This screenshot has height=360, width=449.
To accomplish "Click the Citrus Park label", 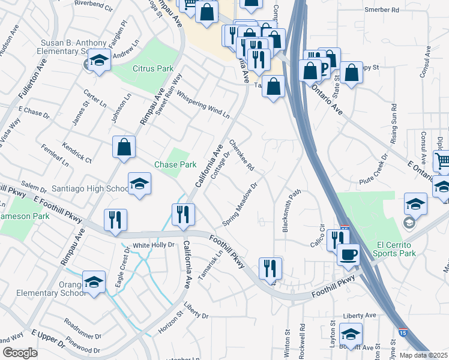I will point(152,69).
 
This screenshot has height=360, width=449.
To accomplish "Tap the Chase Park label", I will point(175,164).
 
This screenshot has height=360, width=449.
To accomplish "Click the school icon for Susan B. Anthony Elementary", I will point(99,60).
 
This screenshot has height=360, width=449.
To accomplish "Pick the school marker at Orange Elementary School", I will point(94,281).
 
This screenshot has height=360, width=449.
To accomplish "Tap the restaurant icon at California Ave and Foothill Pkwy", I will point(183,215).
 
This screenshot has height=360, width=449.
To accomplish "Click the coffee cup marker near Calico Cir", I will point(348,254).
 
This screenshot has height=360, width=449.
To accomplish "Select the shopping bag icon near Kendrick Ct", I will point(124,147).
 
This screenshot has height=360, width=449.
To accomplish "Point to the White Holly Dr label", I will point(153,245).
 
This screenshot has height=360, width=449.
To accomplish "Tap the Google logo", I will point(20,353).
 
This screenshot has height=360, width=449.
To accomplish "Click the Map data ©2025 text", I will point(423,355).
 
